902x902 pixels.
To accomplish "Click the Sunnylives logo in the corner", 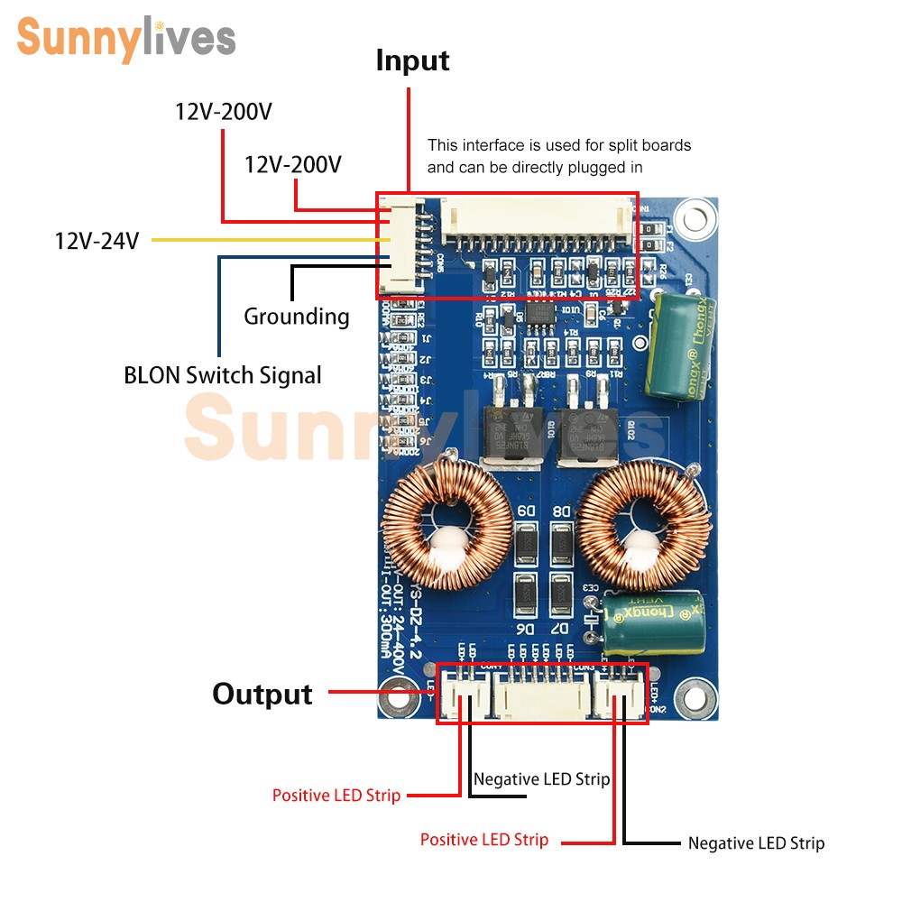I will point(126,39).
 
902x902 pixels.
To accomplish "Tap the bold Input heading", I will point(412,61).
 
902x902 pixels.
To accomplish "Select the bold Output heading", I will point(262,694).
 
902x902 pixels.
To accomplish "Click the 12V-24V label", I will point(97,241).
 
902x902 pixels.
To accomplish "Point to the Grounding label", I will point(297,317).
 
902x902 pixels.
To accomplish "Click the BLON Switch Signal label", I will point(222,375).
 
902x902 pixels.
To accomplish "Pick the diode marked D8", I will point(561,544).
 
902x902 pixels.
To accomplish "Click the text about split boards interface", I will point(559,156).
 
